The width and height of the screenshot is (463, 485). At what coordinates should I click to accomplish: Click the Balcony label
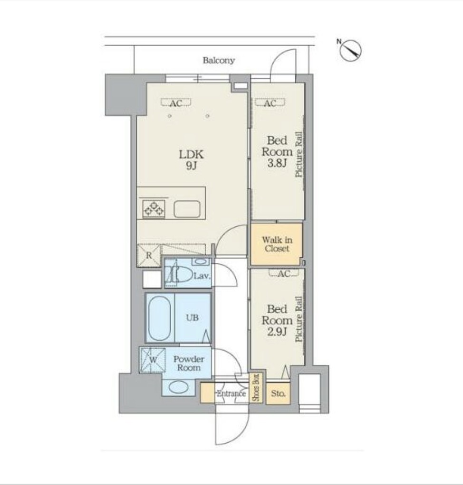[x=219, y=60]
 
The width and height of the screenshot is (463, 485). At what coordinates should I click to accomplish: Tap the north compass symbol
[x=350, y=50]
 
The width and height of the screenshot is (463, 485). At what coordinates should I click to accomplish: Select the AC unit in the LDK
[x=176, y=103]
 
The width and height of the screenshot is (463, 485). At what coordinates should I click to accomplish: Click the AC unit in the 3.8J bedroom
[x=270, y=103]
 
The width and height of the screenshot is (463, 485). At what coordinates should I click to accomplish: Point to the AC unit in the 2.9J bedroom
[x=284, y=273]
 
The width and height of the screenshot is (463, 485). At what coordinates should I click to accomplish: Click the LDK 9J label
[x=192, y=160]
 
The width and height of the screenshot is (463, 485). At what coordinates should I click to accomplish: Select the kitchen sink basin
[x=187, y=209]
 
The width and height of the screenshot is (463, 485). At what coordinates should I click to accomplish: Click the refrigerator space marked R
[x=149, y=255]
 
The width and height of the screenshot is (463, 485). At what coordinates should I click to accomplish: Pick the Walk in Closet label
[x=277, y=244]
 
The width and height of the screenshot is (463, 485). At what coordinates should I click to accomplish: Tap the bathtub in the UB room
[x=160, y=317]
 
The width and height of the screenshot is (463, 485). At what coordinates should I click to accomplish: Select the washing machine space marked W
[x=153, y=360]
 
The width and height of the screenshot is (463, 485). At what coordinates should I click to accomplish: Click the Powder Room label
[x=189, y=363]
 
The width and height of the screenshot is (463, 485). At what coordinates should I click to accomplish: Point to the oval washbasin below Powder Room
[x=179, y=387]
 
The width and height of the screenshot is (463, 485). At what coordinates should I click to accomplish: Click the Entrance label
[x=231, y=393]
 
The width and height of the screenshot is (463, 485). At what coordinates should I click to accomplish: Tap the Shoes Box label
[x=256, y=387]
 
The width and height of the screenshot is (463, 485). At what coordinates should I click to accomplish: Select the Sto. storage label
[x=278, y=393]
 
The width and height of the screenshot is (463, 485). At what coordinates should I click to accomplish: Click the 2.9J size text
[x=277, y=332]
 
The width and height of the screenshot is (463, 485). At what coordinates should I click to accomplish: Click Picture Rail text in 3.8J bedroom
[x=299, y=154]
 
